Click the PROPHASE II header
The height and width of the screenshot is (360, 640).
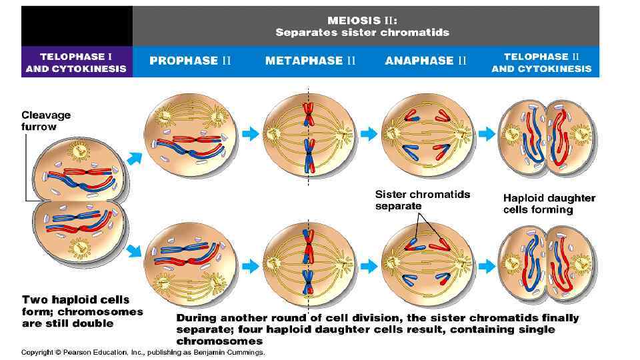[x=190, y=61]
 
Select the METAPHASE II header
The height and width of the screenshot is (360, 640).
[x=310, y=61]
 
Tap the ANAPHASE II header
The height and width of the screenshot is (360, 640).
[x=426, y=61]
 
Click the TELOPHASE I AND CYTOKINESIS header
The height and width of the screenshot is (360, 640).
[x=75, y=63]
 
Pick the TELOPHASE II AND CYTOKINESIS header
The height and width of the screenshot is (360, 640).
[x=541, y=63]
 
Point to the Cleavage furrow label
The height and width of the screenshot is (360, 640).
[x=45, y=121]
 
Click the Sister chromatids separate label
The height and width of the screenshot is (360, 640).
[x=423, y=200]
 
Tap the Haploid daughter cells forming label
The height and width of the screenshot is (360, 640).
[x=549, y=203]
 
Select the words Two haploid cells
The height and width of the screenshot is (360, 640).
[x=76, y=300]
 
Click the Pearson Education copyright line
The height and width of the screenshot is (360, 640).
[x=143, y=352]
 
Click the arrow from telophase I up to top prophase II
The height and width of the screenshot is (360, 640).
[x=134, y=157]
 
